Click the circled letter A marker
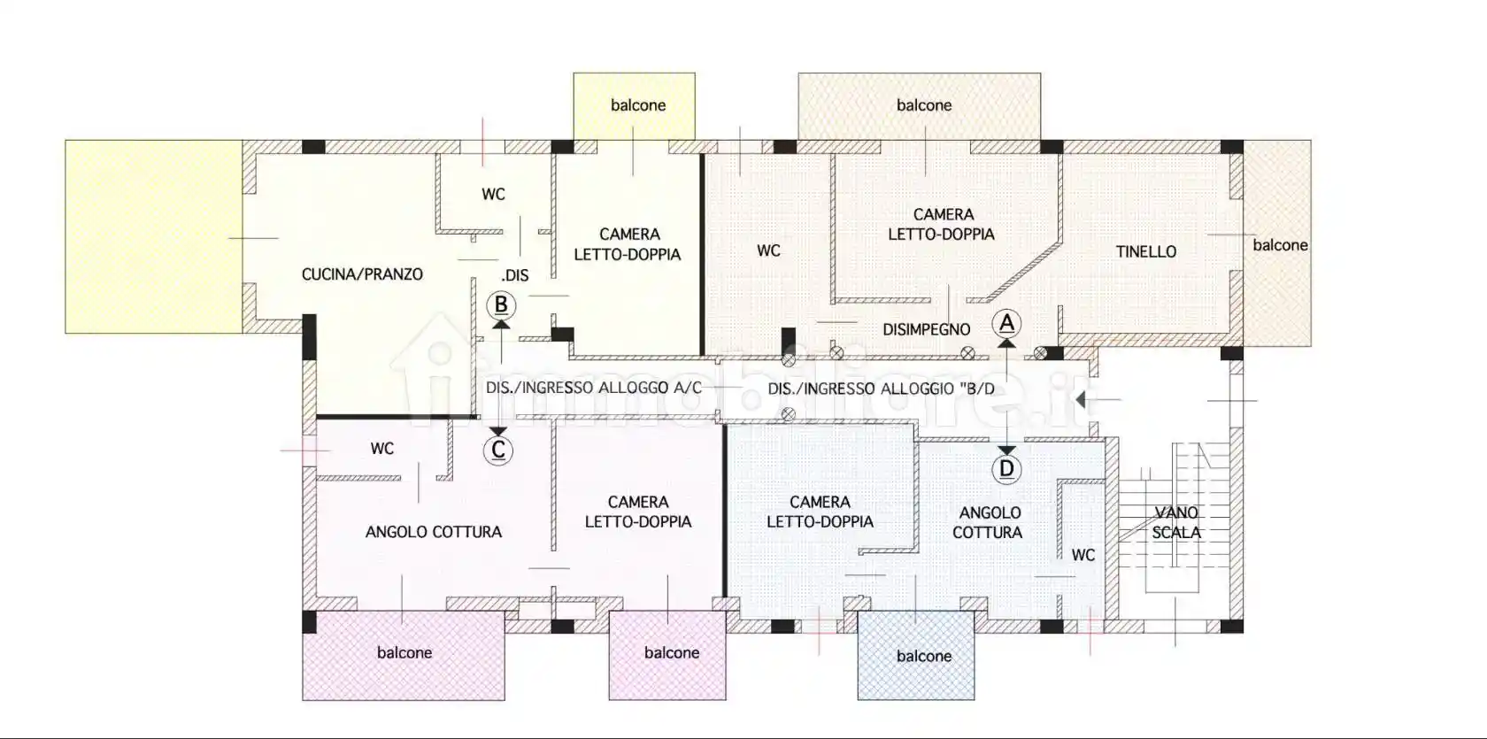1006,324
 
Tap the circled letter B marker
501,305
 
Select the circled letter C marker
498,450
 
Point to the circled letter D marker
1006,469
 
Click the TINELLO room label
1145,251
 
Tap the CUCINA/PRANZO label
362,274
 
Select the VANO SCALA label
1176,522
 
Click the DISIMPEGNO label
926,329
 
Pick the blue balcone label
924,656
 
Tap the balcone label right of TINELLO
1280,245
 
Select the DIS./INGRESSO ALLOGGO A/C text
593,388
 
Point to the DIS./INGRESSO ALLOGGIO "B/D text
881,389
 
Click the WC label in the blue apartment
1083,555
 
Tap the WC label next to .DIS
493,194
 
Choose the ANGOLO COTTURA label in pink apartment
433,532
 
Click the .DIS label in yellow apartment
514,275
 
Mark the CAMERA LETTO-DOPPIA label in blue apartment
820,512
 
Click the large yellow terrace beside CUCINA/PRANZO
154,236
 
